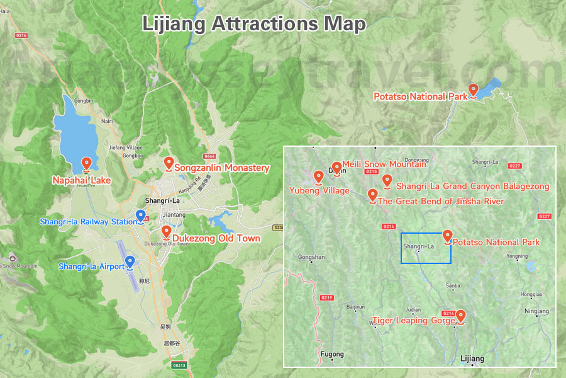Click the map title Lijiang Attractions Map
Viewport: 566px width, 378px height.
point(253,24)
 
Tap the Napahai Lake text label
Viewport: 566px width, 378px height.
point(82,181)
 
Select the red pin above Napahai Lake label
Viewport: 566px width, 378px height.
point(86,165)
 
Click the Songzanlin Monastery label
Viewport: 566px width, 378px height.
point(221,168)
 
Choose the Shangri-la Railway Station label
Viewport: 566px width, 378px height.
point(88,222)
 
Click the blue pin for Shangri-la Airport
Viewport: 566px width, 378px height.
point(130,262)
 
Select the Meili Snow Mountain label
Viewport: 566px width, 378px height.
point(384,164)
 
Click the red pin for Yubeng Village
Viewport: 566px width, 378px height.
point(318,177)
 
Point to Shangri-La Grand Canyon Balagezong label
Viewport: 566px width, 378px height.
point(472,186)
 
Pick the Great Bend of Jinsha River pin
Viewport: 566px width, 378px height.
point(372,196)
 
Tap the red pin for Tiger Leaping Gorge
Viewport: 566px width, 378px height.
point(460,316)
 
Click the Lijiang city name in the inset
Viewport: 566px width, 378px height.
point(472,359)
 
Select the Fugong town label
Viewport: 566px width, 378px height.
point(333,354)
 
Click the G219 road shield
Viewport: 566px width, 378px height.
point(326,297)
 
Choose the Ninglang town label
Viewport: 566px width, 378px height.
point(536,311)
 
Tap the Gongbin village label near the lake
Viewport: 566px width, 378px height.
point(82,101)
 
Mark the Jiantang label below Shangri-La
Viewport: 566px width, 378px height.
point(174,215)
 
